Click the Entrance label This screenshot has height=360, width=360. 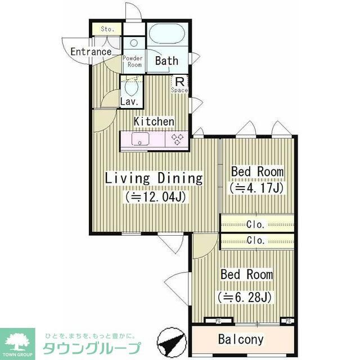(x=91, y=52)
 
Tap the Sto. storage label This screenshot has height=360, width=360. (x=107, y=29)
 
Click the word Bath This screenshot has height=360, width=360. (x=166, y=61)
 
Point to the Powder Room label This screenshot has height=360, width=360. (x=133, y=61)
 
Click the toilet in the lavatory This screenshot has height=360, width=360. (x=132, y=87)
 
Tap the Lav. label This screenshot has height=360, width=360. (x=129, y=102)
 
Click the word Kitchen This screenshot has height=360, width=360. (x=154, y=121)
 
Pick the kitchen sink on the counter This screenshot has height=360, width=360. (x=140, y=139)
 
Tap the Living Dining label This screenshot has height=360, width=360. (x=154, y=179)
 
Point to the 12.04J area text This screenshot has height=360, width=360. (x=156, y=197)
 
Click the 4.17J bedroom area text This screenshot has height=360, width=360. (x=255, y=188)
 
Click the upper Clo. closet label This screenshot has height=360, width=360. (x=256, y=223)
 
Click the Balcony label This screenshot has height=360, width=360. (x=241, y=340)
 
